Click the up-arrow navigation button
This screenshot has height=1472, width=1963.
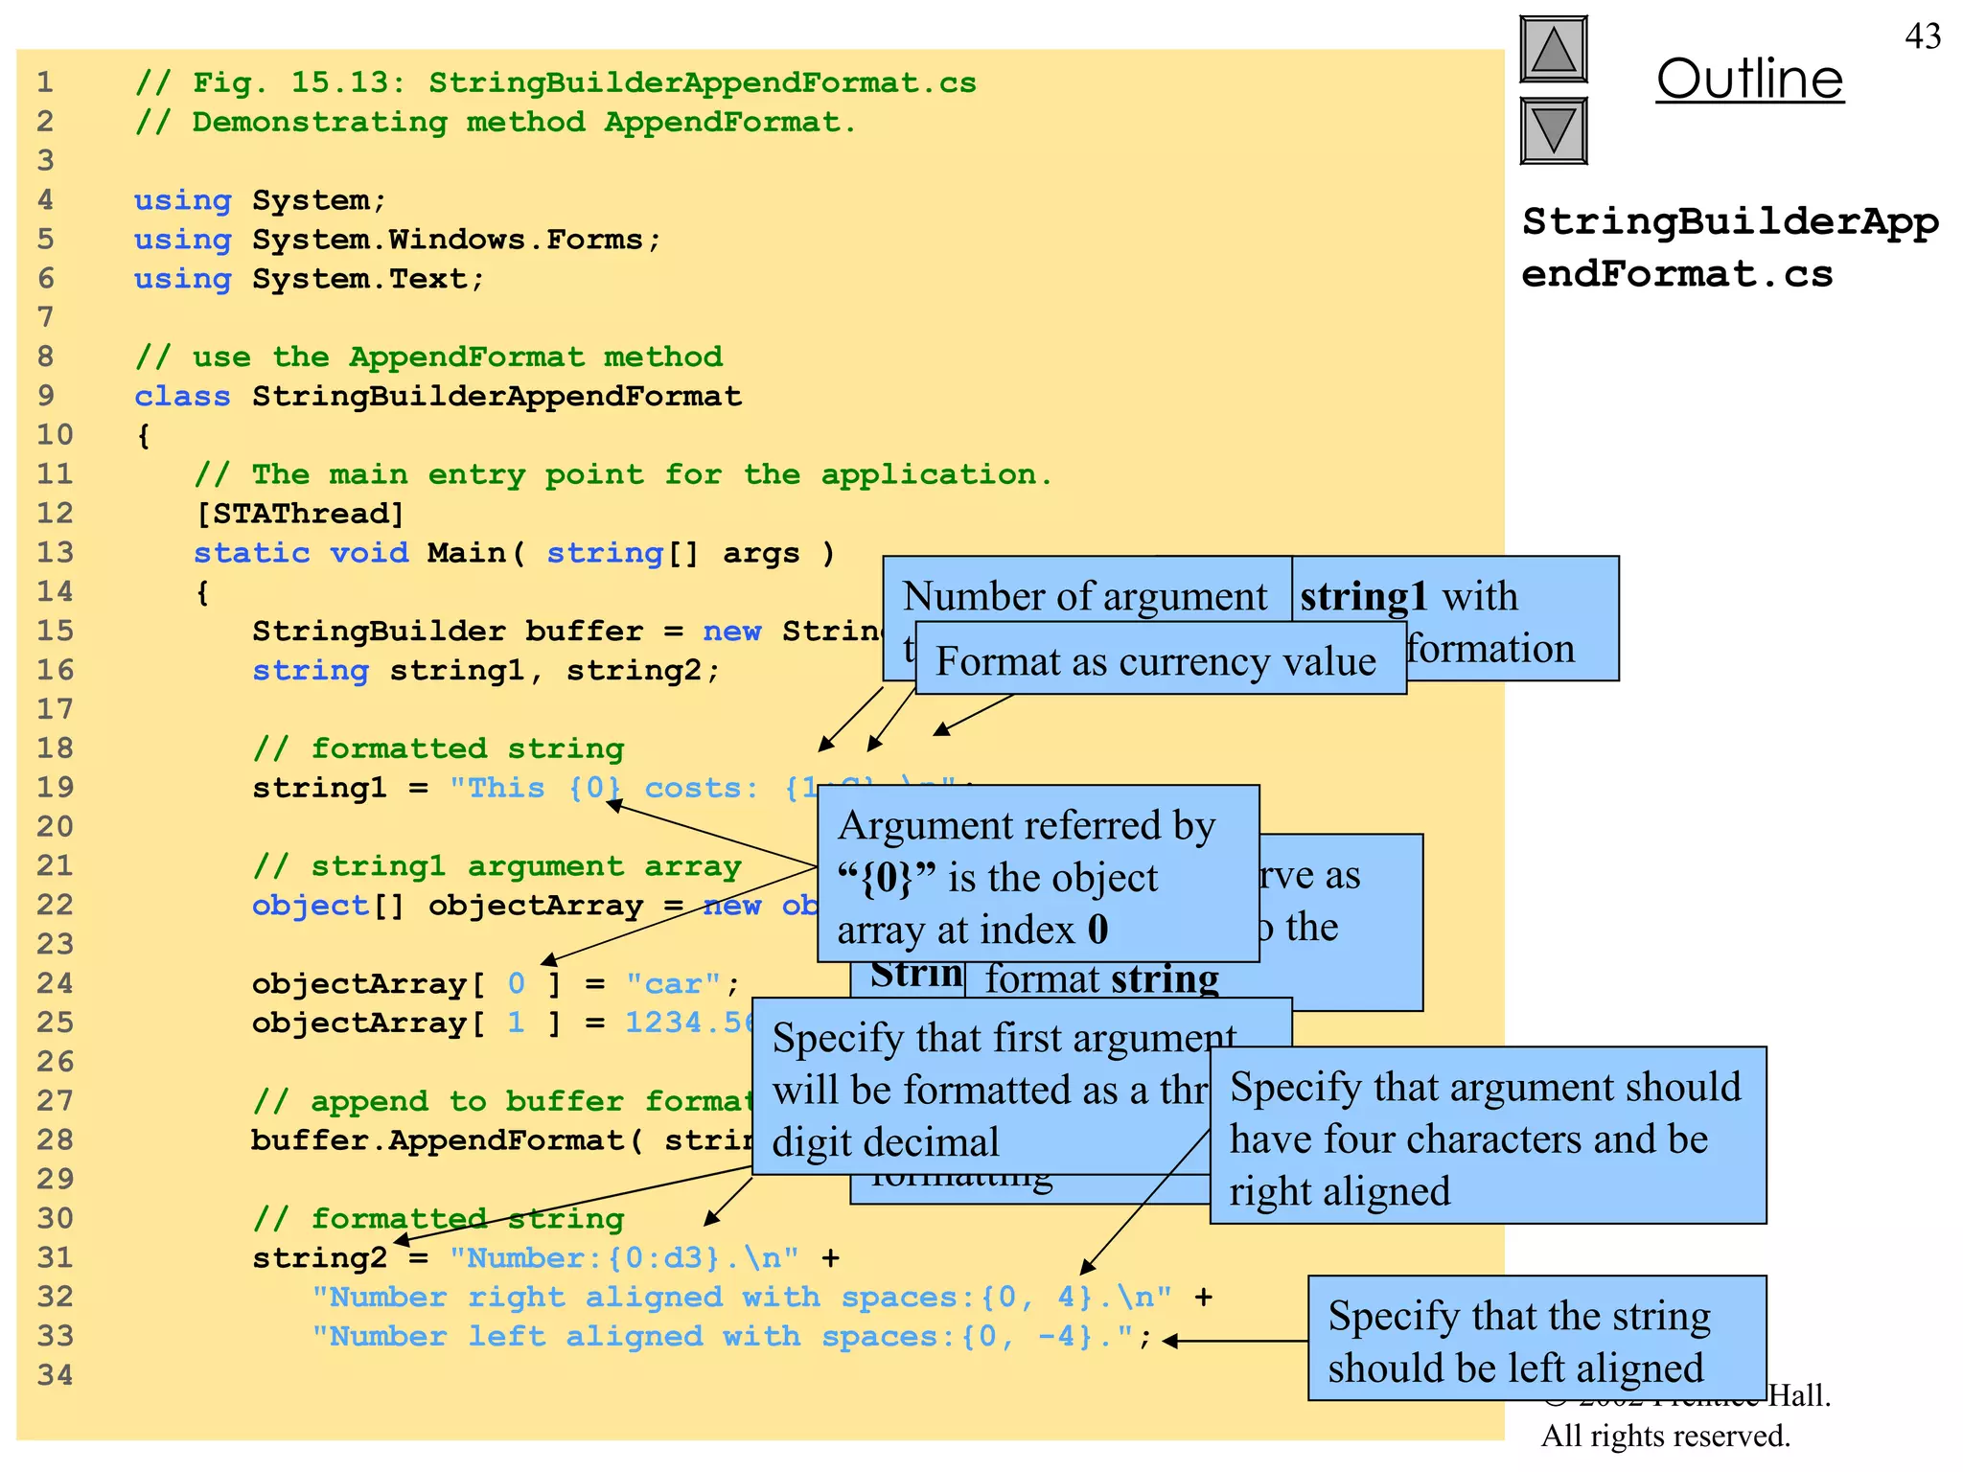1554,50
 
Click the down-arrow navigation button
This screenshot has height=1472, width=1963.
1554,131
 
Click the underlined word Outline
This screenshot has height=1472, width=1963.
1749,80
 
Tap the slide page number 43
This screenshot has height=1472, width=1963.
1922,36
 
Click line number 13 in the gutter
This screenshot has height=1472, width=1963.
55,553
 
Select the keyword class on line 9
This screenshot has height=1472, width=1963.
182,397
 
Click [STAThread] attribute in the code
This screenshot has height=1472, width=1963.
299,514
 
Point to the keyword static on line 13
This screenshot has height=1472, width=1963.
252,553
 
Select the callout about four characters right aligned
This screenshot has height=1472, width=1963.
1487,1138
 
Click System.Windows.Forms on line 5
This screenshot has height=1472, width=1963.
447,240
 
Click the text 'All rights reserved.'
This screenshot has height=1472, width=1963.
1665,1436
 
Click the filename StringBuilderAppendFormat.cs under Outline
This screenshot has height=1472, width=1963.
1728,247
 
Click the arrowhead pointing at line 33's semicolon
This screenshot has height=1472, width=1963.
1170,1342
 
